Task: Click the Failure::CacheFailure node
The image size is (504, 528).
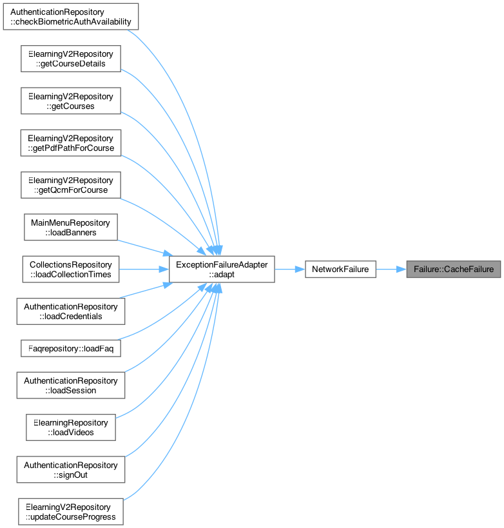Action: tap(453, 269)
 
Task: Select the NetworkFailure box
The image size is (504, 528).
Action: tap(340, 269)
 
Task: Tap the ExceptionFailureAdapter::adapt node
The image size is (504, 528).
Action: tap(222, 269)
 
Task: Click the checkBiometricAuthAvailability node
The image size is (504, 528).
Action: tap(71, 17)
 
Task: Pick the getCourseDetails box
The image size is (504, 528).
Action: tap(71, 59)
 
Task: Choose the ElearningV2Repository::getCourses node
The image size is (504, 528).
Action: tap(71, 101)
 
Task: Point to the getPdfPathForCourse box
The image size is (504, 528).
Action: tap(71, 143)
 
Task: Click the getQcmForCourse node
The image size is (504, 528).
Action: tap(71, 185)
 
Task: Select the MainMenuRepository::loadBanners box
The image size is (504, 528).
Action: tap(71, 228)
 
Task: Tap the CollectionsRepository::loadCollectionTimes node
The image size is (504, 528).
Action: tap(71, 269)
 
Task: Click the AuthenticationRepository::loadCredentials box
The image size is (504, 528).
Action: tap(71, 311)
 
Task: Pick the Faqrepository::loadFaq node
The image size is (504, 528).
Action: tap(71, 348)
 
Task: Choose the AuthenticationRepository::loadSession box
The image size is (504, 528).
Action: tap(71, 386)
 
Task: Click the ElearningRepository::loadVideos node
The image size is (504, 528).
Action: tap(71, 427)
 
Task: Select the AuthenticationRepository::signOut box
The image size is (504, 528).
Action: tap(71, 470)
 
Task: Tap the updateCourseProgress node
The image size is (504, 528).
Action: tap(71, 512)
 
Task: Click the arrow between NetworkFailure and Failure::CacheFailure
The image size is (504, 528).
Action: tap(391, 269)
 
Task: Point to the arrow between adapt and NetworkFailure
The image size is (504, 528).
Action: tap(290, 269)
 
